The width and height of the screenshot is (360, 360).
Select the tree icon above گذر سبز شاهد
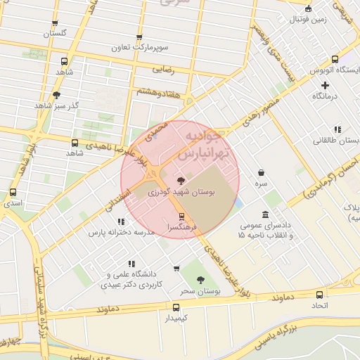click(x=56, y=94)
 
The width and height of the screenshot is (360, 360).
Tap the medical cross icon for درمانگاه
click(x=325, y=84)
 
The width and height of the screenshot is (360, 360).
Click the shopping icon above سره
click(x=261, y=172)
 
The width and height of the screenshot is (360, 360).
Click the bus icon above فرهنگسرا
click(x=182, y=216)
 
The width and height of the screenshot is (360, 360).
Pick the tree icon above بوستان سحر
click(x=200, y=279)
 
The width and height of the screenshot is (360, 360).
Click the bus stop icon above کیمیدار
click(x=176, y=307)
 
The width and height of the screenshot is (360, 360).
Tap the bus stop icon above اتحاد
click(x=320, y=295)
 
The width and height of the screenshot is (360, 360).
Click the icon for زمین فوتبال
click(x=309, y=9)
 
